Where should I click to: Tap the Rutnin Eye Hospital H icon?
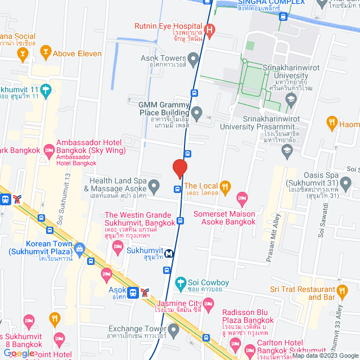(210, 29)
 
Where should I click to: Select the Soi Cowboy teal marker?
(181, 282)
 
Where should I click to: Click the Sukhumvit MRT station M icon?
(169, 253)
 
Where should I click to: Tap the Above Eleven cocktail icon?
(45, 53)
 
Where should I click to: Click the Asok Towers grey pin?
(194, 58)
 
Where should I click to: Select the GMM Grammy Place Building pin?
(196, 114)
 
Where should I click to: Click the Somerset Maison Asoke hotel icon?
(242, 197)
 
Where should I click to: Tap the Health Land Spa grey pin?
(158, 185)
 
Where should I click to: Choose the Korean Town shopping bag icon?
(79, 247)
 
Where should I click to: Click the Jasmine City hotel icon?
(209, 305)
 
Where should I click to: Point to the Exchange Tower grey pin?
(174, 332)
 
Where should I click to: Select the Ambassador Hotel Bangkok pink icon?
(49, 149)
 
